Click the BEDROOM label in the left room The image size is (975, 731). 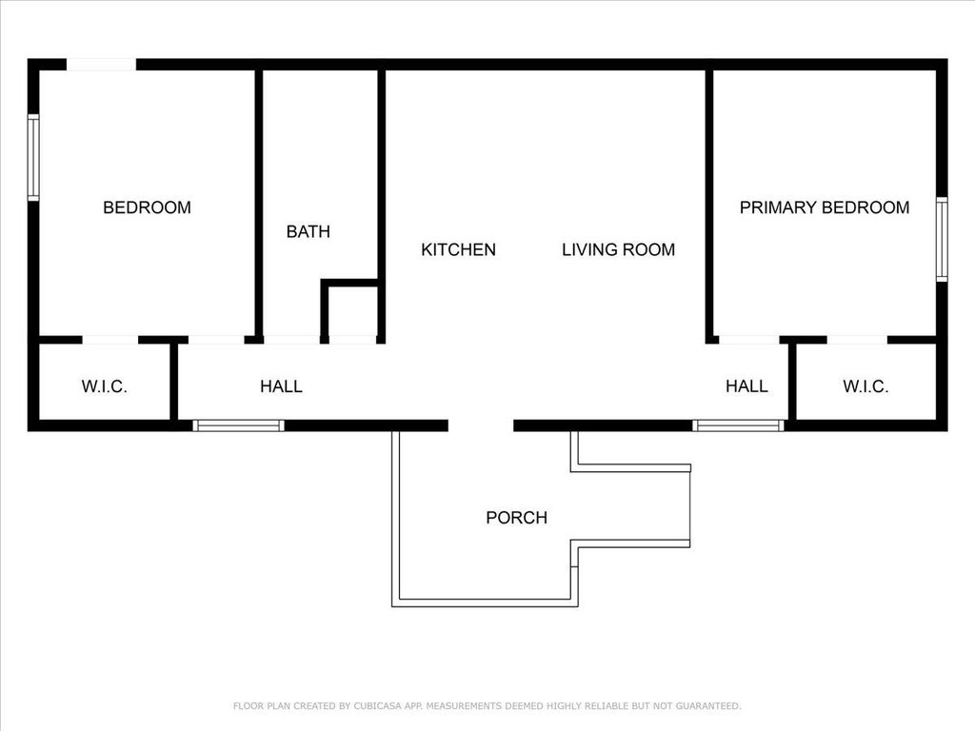pyautogui.click(x=147, y=207)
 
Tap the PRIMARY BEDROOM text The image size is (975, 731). pyautogui.click(x=825, y=207)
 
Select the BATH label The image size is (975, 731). pyautogui.click(x=308, y=232)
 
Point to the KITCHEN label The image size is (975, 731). pyautogui.click(x=458, y=250)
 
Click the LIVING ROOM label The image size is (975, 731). pyautogui.click(x=619, y=250)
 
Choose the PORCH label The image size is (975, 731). pyautogui.click(x=517, y=518)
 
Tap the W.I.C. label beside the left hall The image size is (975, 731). pyautogui.click(x=105, y=386)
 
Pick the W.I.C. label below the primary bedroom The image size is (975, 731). pyautogui.click(x=866, y=386)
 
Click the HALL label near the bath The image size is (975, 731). pyautogui.click(x=281, y=386)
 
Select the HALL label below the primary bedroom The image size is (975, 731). pyautogui.click(x=746, y=386)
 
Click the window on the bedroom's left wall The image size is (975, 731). pyautogui.click(x=33, y=157)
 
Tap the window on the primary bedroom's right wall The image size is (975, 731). pyautogui.click(x=942, y=239)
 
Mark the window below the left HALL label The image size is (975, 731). pyautogui.click(x=238, y=425)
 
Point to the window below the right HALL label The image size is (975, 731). pyautogui.click(x=739, y=425)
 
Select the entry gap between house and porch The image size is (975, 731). pyautogui.click(x=481, y=425)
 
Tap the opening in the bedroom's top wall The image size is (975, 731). pyautogui.click(x=101, y=65)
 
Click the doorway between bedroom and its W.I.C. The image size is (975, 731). pyautogui.click(x=110, y=340)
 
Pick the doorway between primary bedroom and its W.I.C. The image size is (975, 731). pyautogui.click(x=857, y=340)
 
